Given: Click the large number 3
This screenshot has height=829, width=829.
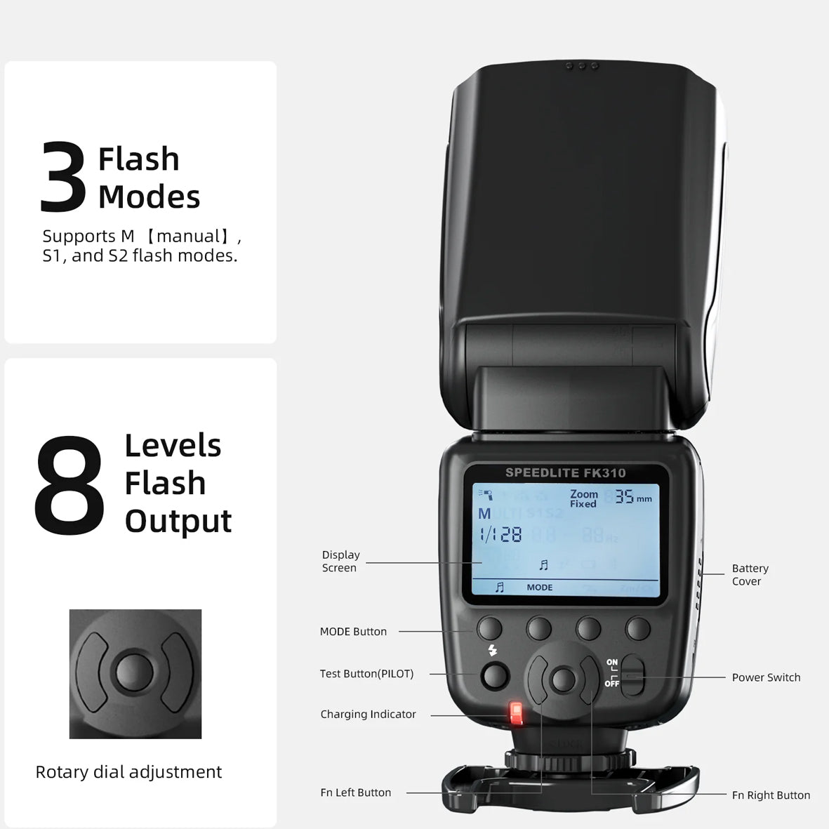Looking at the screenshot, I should tap(63, 177).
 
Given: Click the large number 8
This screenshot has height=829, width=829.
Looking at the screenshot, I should tap(69, 484).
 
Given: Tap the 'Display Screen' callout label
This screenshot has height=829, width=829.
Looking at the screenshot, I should tap(340, 562).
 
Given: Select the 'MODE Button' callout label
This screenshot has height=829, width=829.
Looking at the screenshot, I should tap(353, 632).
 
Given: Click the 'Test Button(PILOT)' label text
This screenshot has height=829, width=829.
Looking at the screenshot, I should tap(366, 674).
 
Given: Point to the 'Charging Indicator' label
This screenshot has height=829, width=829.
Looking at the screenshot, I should tap(368, 715).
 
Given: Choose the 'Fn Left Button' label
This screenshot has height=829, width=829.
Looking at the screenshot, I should tap(355, 792).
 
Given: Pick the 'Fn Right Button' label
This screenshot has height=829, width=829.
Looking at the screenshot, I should tap(771, 795).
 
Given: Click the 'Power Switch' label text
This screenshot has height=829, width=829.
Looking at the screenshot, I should tap(766, 677).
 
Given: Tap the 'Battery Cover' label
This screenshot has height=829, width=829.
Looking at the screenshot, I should tap(750, 575).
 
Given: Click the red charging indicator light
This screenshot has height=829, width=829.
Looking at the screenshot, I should tap(517, 713).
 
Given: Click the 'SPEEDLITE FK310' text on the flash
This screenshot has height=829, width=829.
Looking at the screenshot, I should tap(565, 473).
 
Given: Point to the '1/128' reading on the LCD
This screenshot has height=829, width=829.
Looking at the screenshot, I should tap(500, 536).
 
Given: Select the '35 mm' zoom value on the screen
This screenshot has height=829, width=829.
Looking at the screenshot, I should tap(632, 498).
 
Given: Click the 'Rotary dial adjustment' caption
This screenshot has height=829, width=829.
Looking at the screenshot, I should tap(128, 772).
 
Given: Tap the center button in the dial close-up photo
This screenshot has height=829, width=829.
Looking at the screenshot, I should tap(135, 672).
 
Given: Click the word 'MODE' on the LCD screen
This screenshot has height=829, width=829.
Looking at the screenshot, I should tap(539, 588).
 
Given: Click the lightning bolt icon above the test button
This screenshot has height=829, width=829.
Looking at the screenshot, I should tap(492, 651).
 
